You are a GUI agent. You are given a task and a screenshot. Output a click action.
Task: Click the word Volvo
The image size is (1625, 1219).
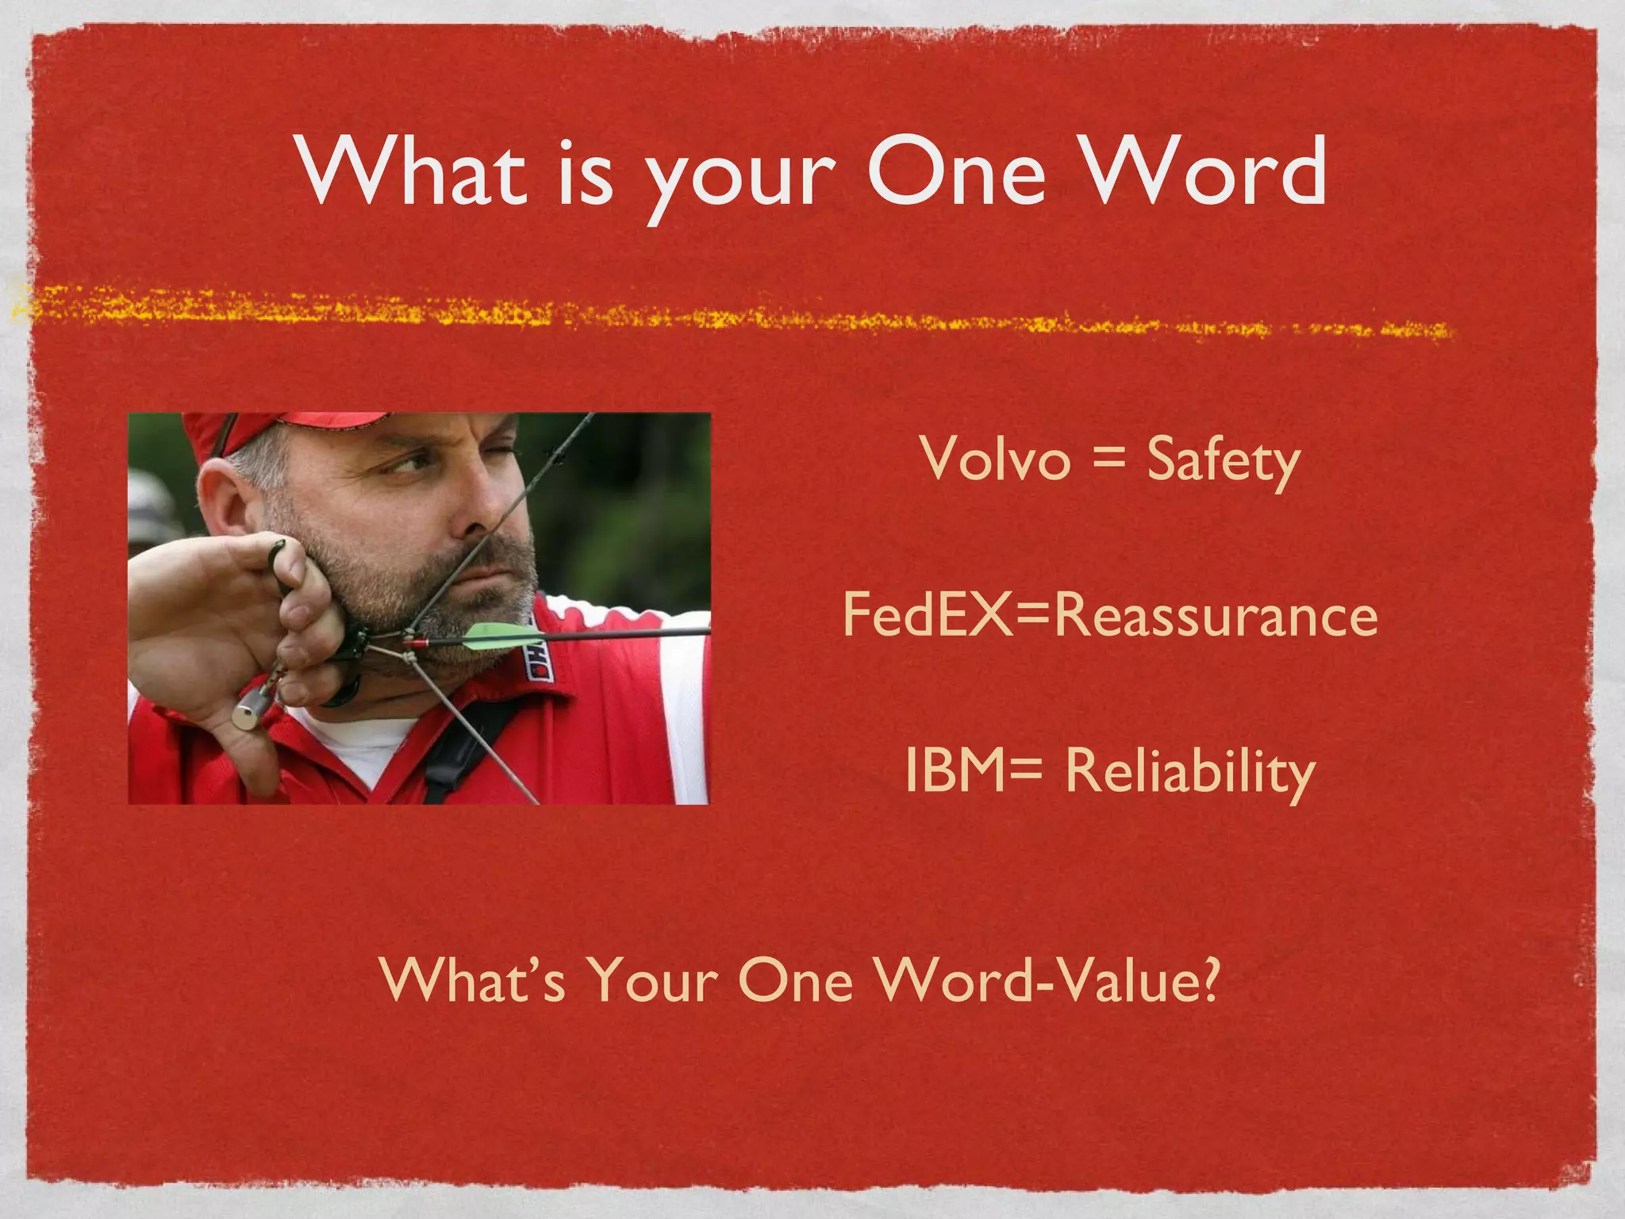[996, 460]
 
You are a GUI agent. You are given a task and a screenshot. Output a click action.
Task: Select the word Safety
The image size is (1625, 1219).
[1223, 461]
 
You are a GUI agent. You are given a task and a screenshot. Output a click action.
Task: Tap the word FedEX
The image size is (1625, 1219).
[925, 616]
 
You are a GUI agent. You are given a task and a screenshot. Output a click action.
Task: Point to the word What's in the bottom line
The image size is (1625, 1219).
[473, 979]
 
